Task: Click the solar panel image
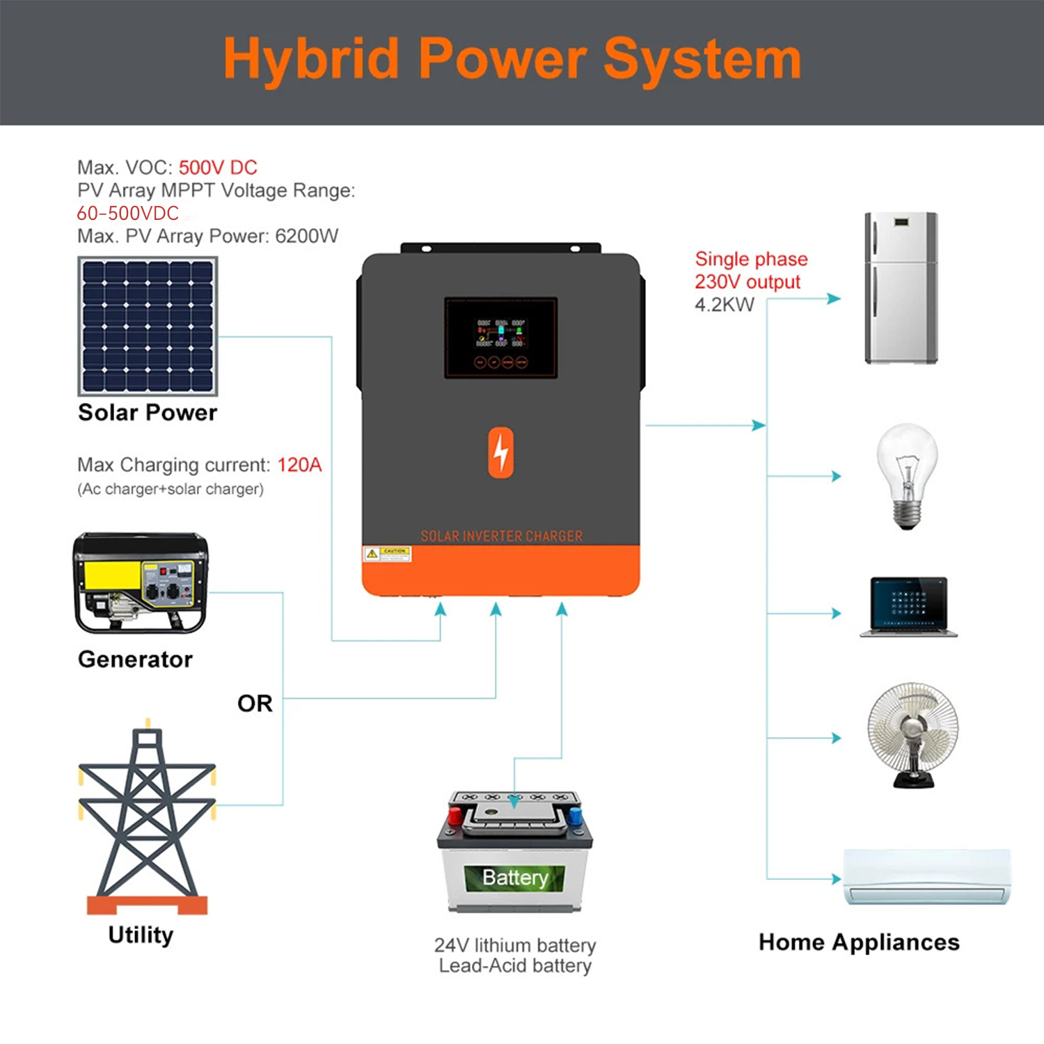point(148,326)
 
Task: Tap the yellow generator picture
point(140,583)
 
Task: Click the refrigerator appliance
point(901,287)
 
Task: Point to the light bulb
point(906,475)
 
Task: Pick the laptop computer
point(908,606)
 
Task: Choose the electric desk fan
point(912,734)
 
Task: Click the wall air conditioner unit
point(926,876)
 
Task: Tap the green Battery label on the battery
point(515,878)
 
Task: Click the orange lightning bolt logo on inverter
point(501,452)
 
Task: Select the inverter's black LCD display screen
point(501,338)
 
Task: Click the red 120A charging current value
point(299,465)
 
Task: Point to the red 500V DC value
point(218,168)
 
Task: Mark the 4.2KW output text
point(724,305)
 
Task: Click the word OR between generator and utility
point(255,704)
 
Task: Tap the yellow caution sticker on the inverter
point(387,554)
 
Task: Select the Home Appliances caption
point(859,942)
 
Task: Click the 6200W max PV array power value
point(307,237)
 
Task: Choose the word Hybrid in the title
point(311,60)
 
